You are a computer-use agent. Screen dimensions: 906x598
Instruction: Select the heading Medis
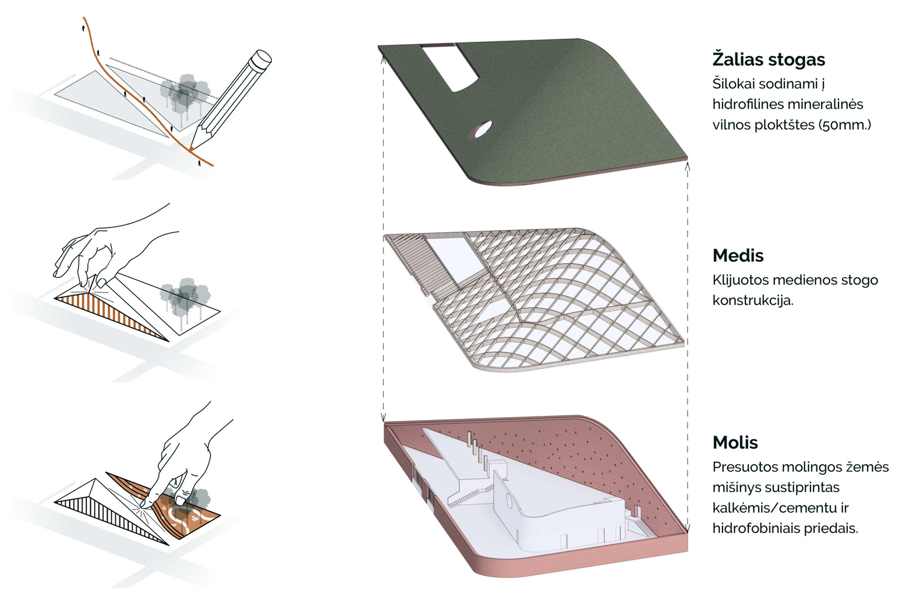click(x=738, y=255)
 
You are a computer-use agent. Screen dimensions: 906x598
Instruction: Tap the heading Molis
click(x=735, y=443)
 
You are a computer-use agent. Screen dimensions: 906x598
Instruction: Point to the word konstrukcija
click(x=753, y=301)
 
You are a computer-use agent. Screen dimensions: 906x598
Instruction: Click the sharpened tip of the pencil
click(x=190, y=149)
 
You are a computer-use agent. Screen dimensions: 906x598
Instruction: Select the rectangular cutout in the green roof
click(x=450, y=67)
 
